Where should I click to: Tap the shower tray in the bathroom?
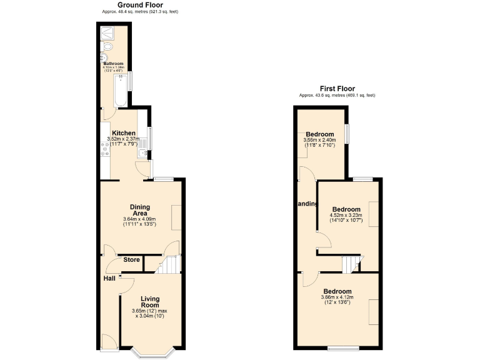(x=108, y=31)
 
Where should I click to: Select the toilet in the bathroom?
(x=108, y=47)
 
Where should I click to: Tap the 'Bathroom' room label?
(x=113, y=64)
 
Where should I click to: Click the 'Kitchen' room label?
(x=124, y=133)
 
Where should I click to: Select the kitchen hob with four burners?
(x=104, y=149)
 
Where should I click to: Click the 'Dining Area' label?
(x=139, y=210)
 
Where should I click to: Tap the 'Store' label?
(x=131, y=259)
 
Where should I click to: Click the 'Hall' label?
(x=109, y=278)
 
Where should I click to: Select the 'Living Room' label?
(x=151, y=302)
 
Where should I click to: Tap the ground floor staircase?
(x=167, y=265)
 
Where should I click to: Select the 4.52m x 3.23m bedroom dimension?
(x=346, y=216)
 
